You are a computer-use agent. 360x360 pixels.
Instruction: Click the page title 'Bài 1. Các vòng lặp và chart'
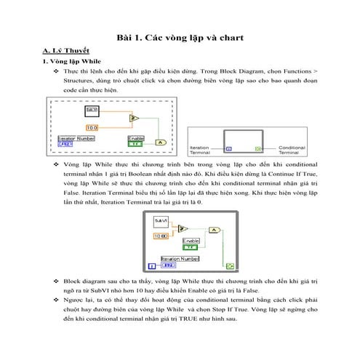point(180,38)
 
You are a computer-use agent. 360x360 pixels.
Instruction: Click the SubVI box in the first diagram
point(92,110)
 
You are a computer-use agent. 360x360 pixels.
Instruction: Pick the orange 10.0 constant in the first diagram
point(92,127)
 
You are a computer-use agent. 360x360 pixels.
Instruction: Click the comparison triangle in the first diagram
point(133,118)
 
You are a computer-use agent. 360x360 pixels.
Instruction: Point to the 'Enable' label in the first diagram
point(136,137)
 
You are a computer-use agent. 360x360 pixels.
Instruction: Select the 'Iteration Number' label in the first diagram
point(76,137)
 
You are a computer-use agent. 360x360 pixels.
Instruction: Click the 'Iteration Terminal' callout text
point(201,150)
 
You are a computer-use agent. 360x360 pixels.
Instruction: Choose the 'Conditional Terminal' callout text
point(292,150)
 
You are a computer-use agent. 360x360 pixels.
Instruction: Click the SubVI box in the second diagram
point(161,220)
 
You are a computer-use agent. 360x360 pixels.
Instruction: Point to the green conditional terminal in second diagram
point(229,267)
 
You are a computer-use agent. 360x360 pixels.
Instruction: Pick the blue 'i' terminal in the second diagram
point(153,267)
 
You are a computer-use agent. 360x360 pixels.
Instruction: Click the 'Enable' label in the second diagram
point(191,240)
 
